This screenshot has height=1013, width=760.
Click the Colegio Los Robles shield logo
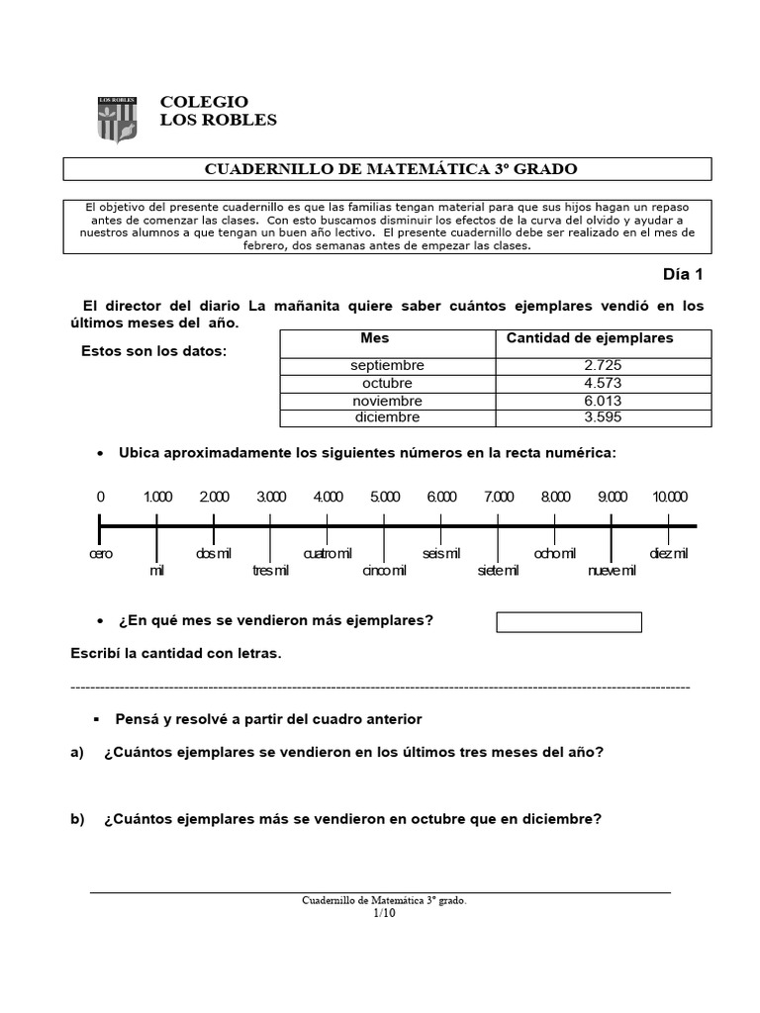coord(117,119)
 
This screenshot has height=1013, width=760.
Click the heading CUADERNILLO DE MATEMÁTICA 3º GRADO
coord(390,169)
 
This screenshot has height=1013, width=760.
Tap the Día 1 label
coord(683,275)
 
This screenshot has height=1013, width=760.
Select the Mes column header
coord(375,338)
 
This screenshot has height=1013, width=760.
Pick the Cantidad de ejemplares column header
coord(590,338)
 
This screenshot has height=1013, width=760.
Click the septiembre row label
coord(386,365)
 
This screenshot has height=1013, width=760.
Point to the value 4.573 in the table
coord(603,383)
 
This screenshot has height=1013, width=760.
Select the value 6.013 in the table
coord(603,401)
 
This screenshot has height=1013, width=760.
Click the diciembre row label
coord(386,417)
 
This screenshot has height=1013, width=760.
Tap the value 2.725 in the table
coord(603,365)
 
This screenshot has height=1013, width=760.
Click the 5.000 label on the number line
coord(385,497)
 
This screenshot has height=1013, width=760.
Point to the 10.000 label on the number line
coord(670,497)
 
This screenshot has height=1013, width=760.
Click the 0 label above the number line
coord(100,497)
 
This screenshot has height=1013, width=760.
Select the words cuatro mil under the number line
coord(327,553)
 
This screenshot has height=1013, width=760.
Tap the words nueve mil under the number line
coord(612,571)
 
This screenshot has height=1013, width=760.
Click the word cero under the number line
coord(100,553)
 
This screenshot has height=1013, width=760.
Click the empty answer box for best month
coord(568,622)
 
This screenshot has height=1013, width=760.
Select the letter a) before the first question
coord(78,752)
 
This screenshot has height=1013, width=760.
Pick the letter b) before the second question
coord(78,819)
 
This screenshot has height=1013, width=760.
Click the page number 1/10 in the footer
coord(383,913)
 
